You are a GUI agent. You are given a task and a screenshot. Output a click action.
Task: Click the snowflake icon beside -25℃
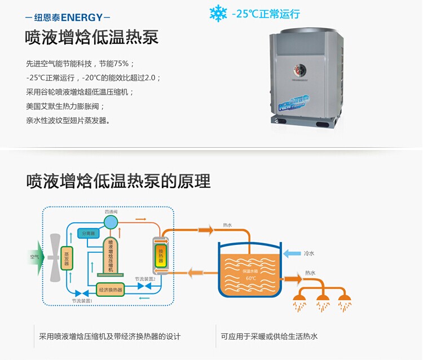coord(218,14)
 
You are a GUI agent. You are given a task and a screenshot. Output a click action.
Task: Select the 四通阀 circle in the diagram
coord(110,219)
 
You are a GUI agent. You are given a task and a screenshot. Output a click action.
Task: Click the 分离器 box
coord(90,232)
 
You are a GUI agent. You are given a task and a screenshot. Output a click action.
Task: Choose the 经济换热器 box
coord(110,290)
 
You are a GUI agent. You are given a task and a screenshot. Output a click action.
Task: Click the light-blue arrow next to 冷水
coord(291,254)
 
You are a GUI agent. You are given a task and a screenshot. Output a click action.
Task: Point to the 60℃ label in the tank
coord(250,278)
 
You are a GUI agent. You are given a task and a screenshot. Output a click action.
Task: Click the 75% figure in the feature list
coord(123,63)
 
